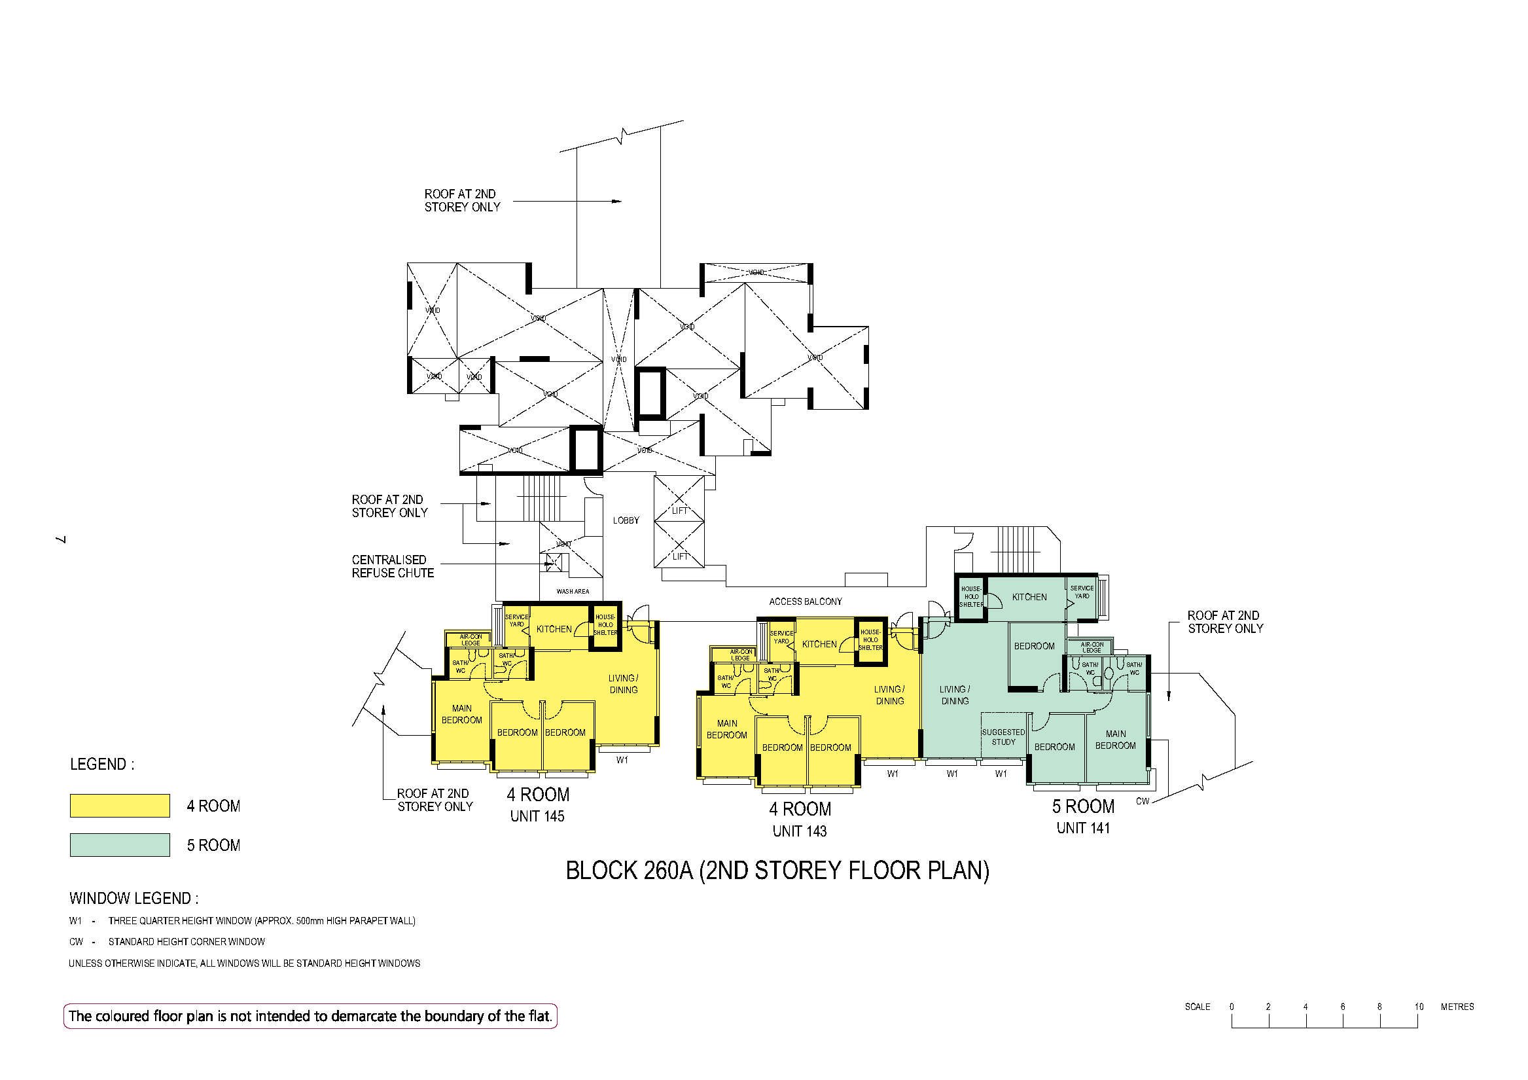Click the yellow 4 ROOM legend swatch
pyautogui.click(x=120, y=806)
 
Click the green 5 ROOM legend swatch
pyautogui.click(x=120, y=845)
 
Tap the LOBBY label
pyautogui.click(x=626, y=520)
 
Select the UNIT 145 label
pyautogui.click(x=537, y=816)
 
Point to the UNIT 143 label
pyautogui.click(x=799, y=831)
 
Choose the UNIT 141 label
pyautogui.click(x=1083, y=828)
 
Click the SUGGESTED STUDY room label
pyautogui.click(x=1004, y=737)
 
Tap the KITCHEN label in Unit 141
pyautogui.click(x=1029, y=597)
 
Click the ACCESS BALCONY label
pyautogui.click(x=806, y=602)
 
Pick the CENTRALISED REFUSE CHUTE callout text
pyautogui.click(x=393, y=567)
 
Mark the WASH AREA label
pyautogui.click(x=573, y=591)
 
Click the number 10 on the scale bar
pyautogui.click(x=1419, y=1007)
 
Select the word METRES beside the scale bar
pyautogui.click(x=1457, y=1007)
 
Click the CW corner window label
pyautogui.click(x=1142, y=801)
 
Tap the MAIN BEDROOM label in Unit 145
pyautogui.click(x=461, y=715)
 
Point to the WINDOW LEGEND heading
pyautogui.click(x=133, y=898)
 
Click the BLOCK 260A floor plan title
pyautogui.click(x=777, y=872)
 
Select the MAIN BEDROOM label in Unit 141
pyautogui.click(x=1115, y=740)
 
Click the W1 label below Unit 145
pyautogui.click(x=622, y=760)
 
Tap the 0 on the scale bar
pyautogui.click(x=1232, y=1007)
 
